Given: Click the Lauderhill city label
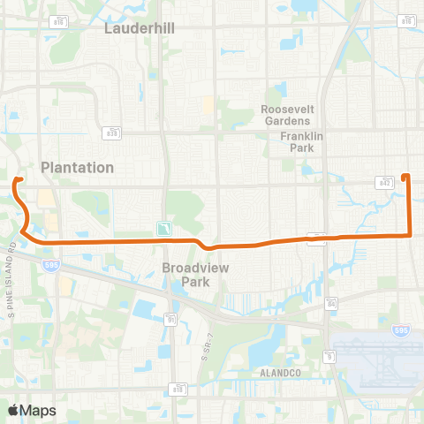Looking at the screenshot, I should click(140, 27).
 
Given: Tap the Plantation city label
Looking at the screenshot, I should click(78, 167).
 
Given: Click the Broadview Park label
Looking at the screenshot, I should click(186, 275).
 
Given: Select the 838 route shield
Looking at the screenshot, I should click(112, 133).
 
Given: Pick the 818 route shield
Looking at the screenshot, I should click(178, 387).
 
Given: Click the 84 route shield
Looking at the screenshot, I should click(330, 304).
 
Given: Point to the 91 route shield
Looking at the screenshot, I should click(170, 319).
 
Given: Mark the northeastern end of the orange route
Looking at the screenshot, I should click(405, 176).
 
